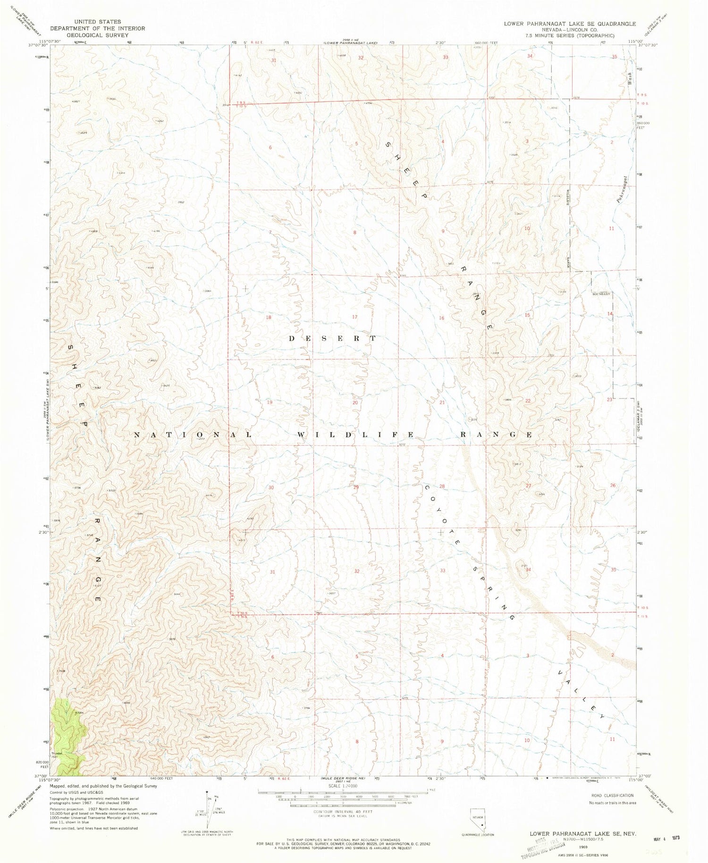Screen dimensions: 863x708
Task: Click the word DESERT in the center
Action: (x=333, y=338)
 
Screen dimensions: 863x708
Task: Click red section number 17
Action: (x=355, y=317)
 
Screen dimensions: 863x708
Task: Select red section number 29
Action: (x=356, y=487)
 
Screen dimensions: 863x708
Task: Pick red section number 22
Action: (x=528, y=401)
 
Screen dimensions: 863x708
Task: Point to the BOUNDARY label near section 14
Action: (x=601, y=294)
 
